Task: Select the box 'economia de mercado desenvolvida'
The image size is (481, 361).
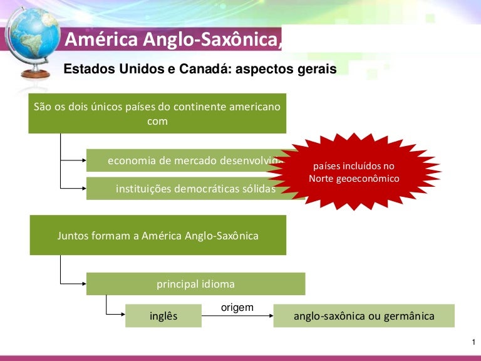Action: coord(188,160)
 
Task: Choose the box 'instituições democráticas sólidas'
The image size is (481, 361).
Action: coord(188,189)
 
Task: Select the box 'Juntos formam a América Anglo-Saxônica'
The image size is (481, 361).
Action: coord(158,236)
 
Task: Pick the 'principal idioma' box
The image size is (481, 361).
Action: coord(195,284)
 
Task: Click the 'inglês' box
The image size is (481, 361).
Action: coord(163,316)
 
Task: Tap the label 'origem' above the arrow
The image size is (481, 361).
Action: coord(237,307)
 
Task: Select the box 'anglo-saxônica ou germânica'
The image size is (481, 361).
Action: coord(364,316)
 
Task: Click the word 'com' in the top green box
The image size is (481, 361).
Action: coord(157,122)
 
